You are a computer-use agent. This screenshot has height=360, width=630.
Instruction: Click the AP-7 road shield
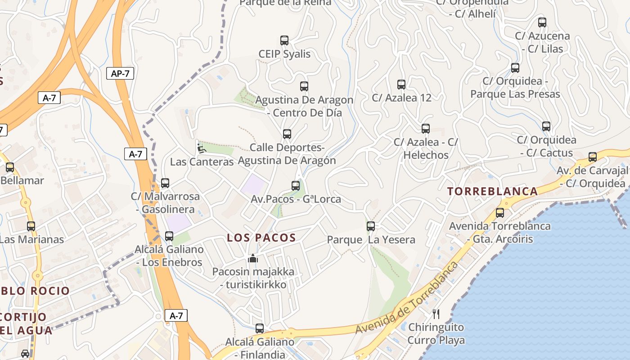[121, 74]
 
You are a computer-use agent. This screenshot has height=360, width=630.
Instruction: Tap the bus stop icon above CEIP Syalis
[284, 40]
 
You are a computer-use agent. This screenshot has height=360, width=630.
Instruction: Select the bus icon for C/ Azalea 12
[401, 84]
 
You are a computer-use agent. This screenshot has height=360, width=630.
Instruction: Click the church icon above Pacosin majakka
[253, 259]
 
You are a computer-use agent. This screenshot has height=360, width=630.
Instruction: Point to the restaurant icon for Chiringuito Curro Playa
[436, 314]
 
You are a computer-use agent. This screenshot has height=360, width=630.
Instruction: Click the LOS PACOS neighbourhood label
[261, 238]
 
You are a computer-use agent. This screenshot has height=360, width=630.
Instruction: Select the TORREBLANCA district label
[493, 191]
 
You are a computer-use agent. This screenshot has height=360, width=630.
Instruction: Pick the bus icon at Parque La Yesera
[371, 226]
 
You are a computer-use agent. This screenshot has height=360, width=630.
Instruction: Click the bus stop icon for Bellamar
[10, 167]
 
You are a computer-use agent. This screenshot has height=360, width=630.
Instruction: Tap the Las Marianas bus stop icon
[31, 226]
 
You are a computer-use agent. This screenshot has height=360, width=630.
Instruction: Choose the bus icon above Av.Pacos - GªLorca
[296, 185]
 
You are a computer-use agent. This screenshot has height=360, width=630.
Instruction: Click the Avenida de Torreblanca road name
[406, 298]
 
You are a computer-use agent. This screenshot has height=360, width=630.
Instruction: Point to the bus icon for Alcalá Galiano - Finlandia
[260, 328]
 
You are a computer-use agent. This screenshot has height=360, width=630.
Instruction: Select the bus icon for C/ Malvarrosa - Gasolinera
[165, 183]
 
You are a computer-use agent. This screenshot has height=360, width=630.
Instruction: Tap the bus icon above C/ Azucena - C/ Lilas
[542, 22]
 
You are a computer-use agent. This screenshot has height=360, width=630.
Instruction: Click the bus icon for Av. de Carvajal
[593, 157]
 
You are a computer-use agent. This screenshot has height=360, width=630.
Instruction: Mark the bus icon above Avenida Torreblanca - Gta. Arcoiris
[500, 213]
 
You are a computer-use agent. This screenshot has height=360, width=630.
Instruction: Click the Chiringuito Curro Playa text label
[436, 333]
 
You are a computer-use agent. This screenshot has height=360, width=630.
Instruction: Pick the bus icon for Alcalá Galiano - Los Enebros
[169, 236]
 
